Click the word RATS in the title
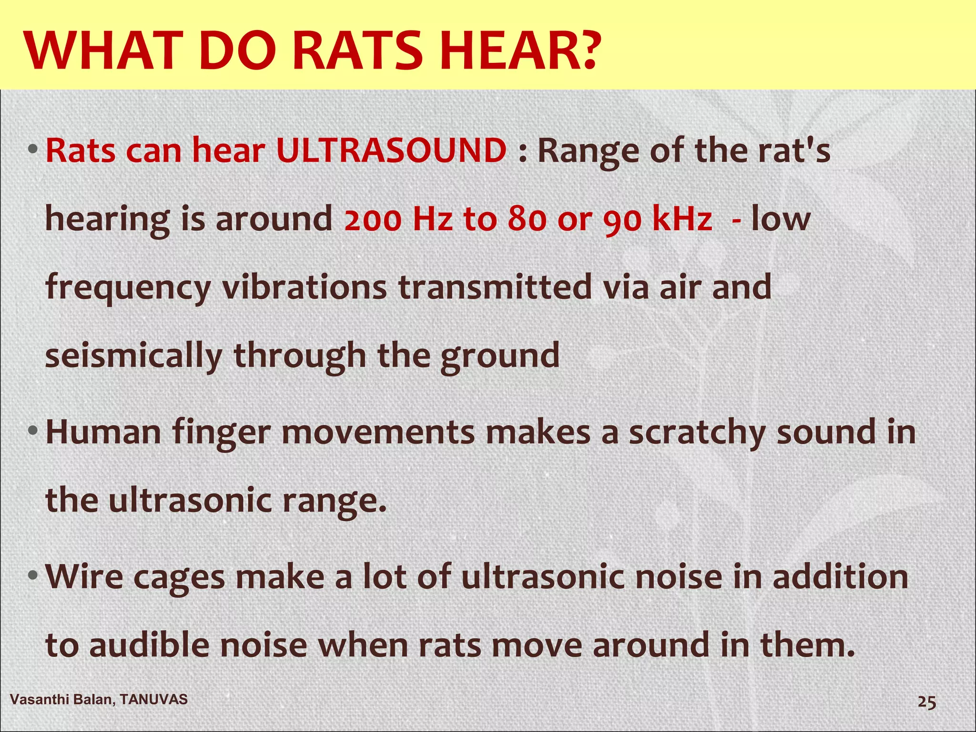tap(357, 50)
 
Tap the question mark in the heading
tap(582, 50)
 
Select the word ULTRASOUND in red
tap(391, 151)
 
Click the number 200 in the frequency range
tap(373, 220)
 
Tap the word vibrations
tap(304, 287)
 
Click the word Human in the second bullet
tap(103, 432)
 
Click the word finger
tap(221, 433)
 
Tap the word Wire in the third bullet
tap(84, 577)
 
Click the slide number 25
tap(926, 702)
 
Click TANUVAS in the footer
tap(153, 699)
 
